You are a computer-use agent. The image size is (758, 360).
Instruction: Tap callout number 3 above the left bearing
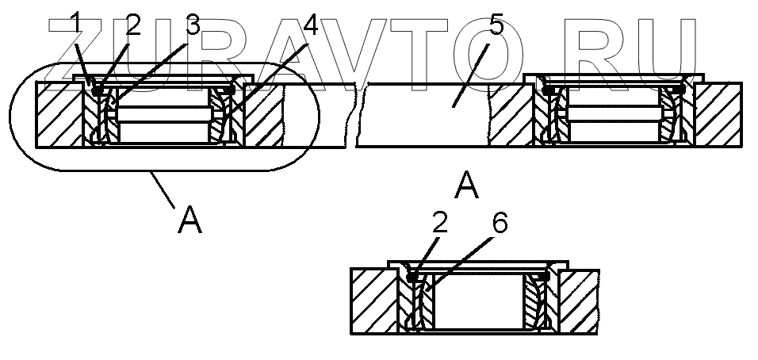click(x=193, y=25)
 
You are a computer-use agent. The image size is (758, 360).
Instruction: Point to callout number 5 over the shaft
click(x=496, y=25)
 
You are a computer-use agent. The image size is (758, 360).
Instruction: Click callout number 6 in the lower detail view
click(x=498, y=224)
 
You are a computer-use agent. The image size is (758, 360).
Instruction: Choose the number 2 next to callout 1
click(x=132, y=25)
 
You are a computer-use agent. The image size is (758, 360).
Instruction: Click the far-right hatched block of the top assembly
click(x=717, y=114)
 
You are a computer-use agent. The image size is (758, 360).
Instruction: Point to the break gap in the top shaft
click(x=352, y=115)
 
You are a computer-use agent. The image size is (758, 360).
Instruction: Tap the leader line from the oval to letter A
click(x=163, y=190)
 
